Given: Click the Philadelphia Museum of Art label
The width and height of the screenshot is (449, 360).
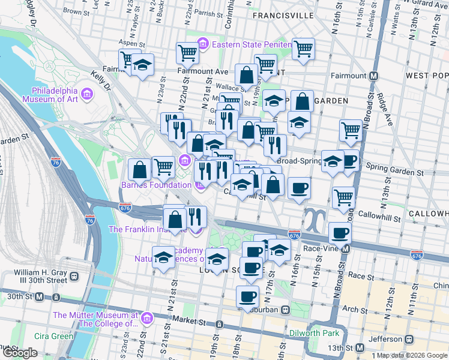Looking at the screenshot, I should pos(50,95).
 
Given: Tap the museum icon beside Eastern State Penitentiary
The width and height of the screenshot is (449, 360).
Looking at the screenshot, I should pos(203,44).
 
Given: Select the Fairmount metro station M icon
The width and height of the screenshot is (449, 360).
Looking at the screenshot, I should pos(373,76).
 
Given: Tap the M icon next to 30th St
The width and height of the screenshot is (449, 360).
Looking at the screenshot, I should pos(39,297).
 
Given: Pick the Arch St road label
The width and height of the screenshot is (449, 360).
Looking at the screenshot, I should pos(355,310).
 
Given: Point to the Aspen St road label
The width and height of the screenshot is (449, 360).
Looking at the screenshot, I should pos(133,44).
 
